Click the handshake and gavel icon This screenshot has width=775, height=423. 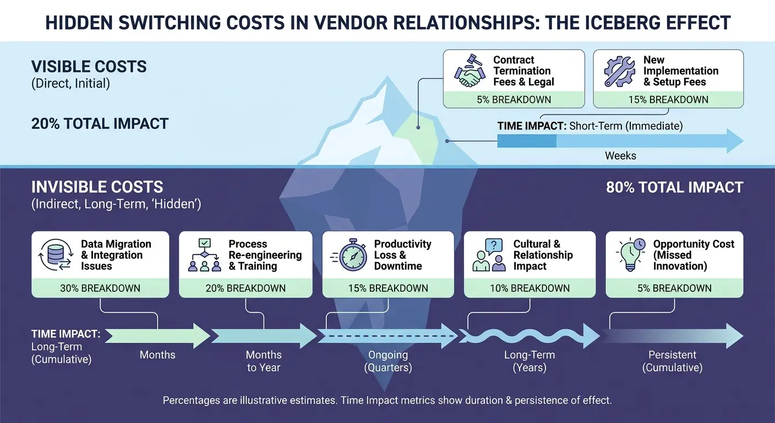coord(469,70)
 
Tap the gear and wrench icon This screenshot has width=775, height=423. coord(619,71)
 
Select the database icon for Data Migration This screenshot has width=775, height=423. coord(56,255)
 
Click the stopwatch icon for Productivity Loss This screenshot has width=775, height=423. coord(350,255)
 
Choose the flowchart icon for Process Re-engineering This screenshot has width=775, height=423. coord(204,255)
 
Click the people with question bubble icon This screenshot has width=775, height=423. coord(489,255)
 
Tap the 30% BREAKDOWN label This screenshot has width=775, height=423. coord(100,289)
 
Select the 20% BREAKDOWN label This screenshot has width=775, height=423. coord(245,289)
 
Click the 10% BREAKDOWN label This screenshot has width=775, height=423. coord(530,289)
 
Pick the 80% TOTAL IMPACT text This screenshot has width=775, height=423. coord(675,187)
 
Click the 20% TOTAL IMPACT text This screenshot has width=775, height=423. coord(100,123)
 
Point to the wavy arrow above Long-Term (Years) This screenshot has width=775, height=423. coord(530,336)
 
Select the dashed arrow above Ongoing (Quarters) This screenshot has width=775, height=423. coord(388,336)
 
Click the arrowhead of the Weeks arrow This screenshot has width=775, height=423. coord(735,141)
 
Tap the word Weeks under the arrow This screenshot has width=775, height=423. coord(620,156)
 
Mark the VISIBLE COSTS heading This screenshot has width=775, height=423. coord(89,67)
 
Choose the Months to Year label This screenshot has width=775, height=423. coord(264,361)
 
